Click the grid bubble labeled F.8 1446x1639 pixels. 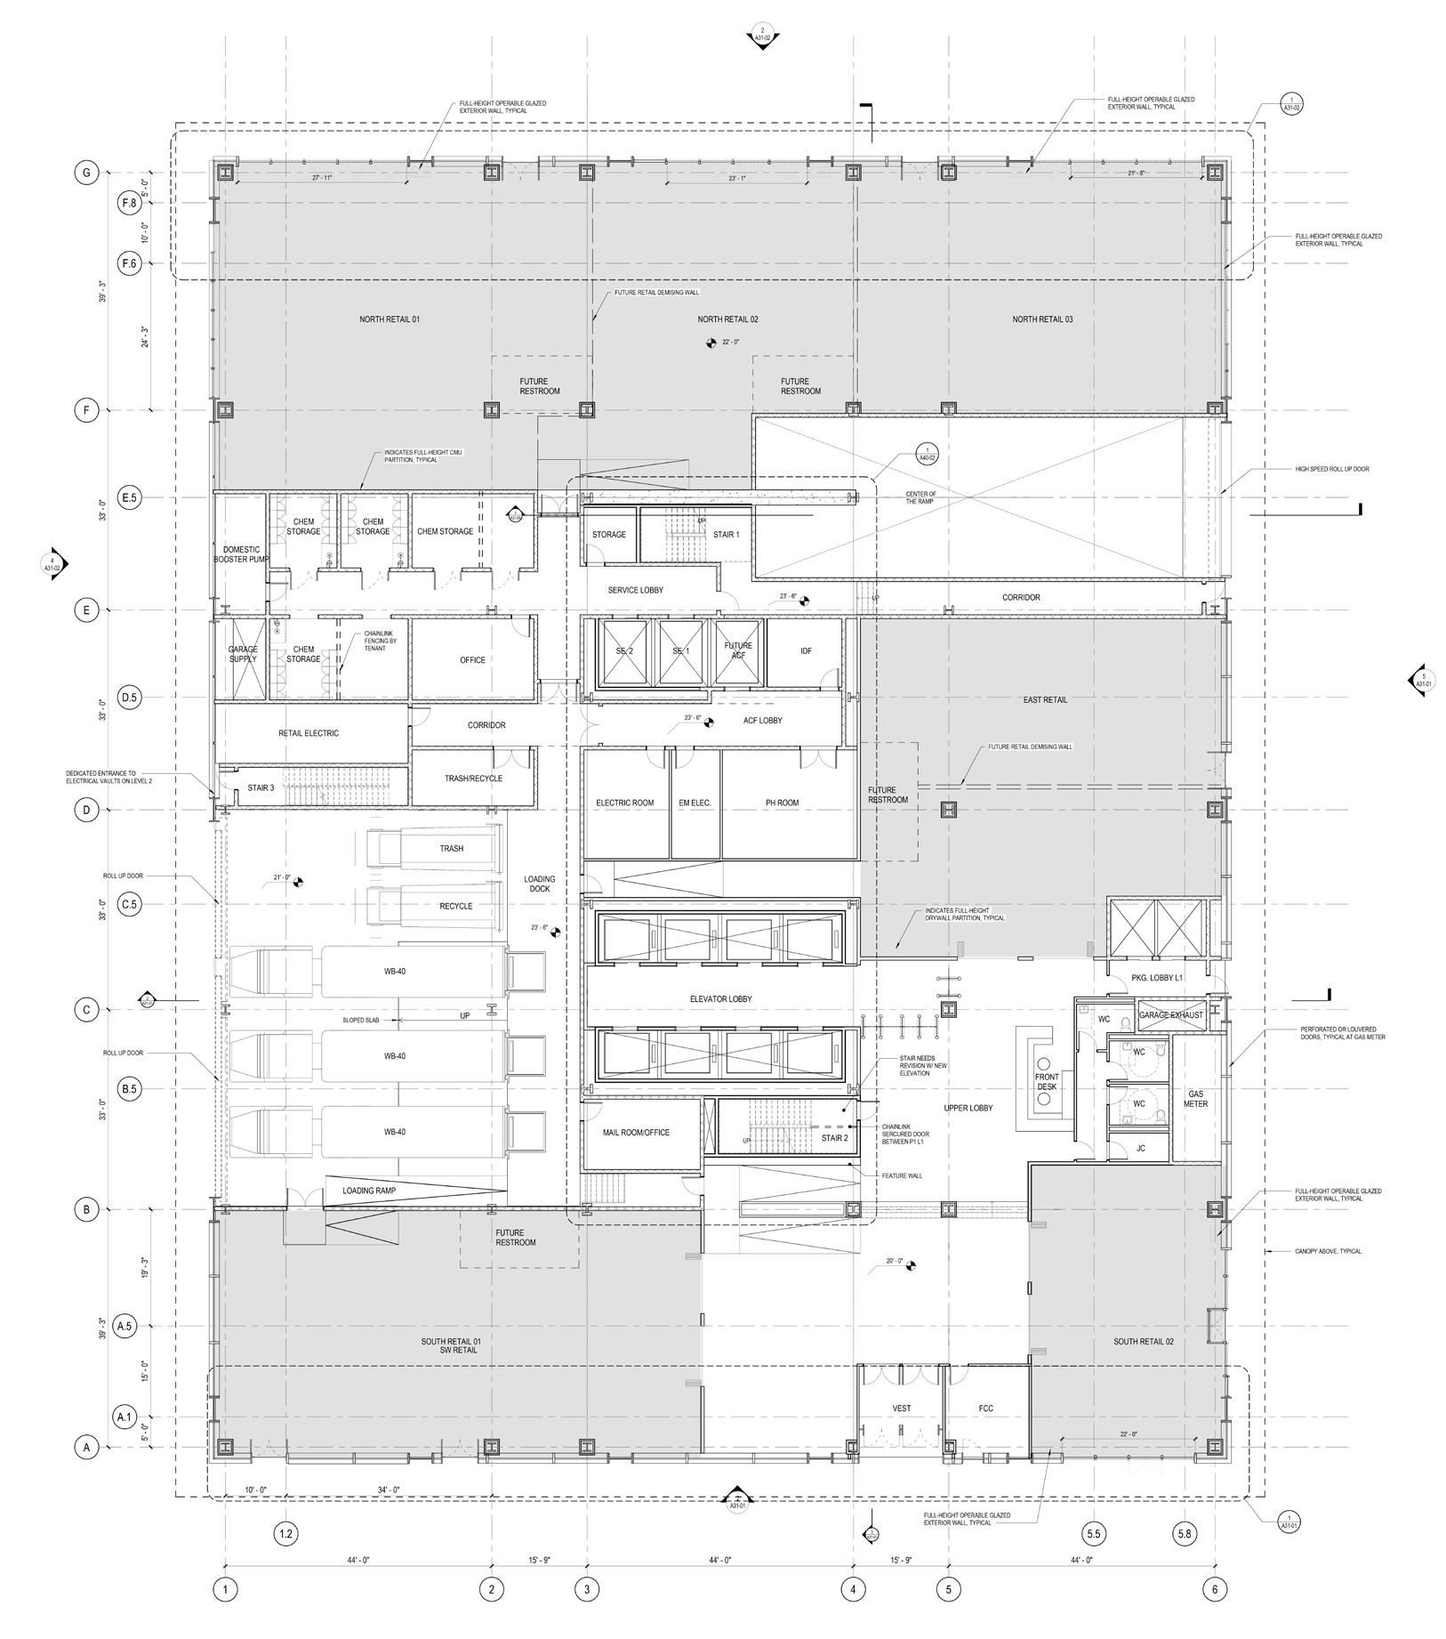coord(129,204)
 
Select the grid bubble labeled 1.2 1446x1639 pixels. coord(285,1533)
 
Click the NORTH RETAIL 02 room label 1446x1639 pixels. coord(727,319)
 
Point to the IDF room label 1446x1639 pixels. coord(806,651)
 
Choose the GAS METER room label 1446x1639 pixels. coord(1195,1098)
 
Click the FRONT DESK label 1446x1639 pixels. coord(1047,1082)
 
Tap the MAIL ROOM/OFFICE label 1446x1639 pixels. coord(636,1133)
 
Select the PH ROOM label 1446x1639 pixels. coord(782,803)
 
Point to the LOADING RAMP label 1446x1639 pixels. coord(368,1190)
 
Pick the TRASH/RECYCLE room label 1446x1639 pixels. coord(473,779)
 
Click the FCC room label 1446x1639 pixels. coord(985,1409)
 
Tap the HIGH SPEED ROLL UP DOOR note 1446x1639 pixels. coord(1331,469)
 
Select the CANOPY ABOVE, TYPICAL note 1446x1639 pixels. coord(1328,1251)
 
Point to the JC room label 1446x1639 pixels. coord(1141,1149)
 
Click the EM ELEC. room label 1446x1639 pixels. coord(695,803)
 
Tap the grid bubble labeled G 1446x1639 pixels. coord(86,173)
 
